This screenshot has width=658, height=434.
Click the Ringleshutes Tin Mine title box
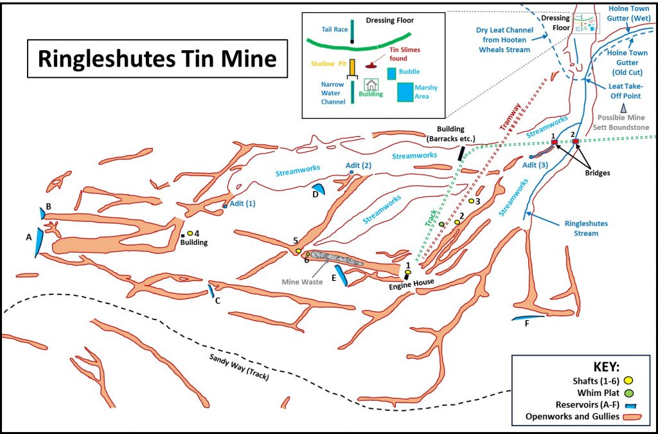157,59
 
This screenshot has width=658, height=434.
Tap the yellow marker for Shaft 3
471,201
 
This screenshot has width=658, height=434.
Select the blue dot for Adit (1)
225,206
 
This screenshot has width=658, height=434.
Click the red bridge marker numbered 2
576,141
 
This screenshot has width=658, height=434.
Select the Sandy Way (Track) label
238,368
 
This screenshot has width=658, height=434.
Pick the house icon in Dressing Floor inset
371,85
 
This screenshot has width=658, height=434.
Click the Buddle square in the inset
391,73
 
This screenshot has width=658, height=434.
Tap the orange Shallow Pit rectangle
353,66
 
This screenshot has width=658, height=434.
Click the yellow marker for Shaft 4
190,233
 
